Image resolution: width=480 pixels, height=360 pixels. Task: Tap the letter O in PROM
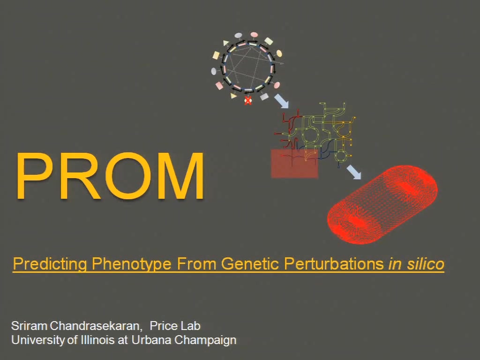pyautogui.click(x=128, y=176)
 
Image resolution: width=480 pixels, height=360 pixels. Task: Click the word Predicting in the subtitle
pyautogui.click(x=50, y=264)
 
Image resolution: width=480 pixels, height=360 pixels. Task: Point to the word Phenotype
pyautogui.click(x=132, y=264)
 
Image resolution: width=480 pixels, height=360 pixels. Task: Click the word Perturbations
pyautogui.click(x=334, y=263)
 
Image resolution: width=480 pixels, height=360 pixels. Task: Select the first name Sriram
pyautogui.click(x=29, y=326)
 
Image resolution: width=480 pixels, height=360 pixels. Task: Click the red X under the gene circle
pyautogui.click(x=248, y=100)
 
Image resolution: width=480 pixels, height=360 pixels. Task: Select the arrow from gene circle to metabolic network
pyautogui.click(x=281, y=101)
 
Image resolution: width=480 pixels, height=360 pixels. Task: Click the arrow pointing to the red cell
pyautogui.click(x=354, y=172)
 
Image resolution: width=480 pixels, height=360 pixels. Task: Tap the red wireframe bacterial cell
pyautogui.click(x=382, y=204)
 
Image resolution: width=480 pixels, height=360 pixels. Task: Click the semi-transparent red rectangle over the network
pyautogui.click(x=294, y=164)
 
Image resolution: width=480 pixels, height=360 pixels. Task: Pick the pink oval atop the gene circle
pyautogui.click(x=254, y=35)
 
